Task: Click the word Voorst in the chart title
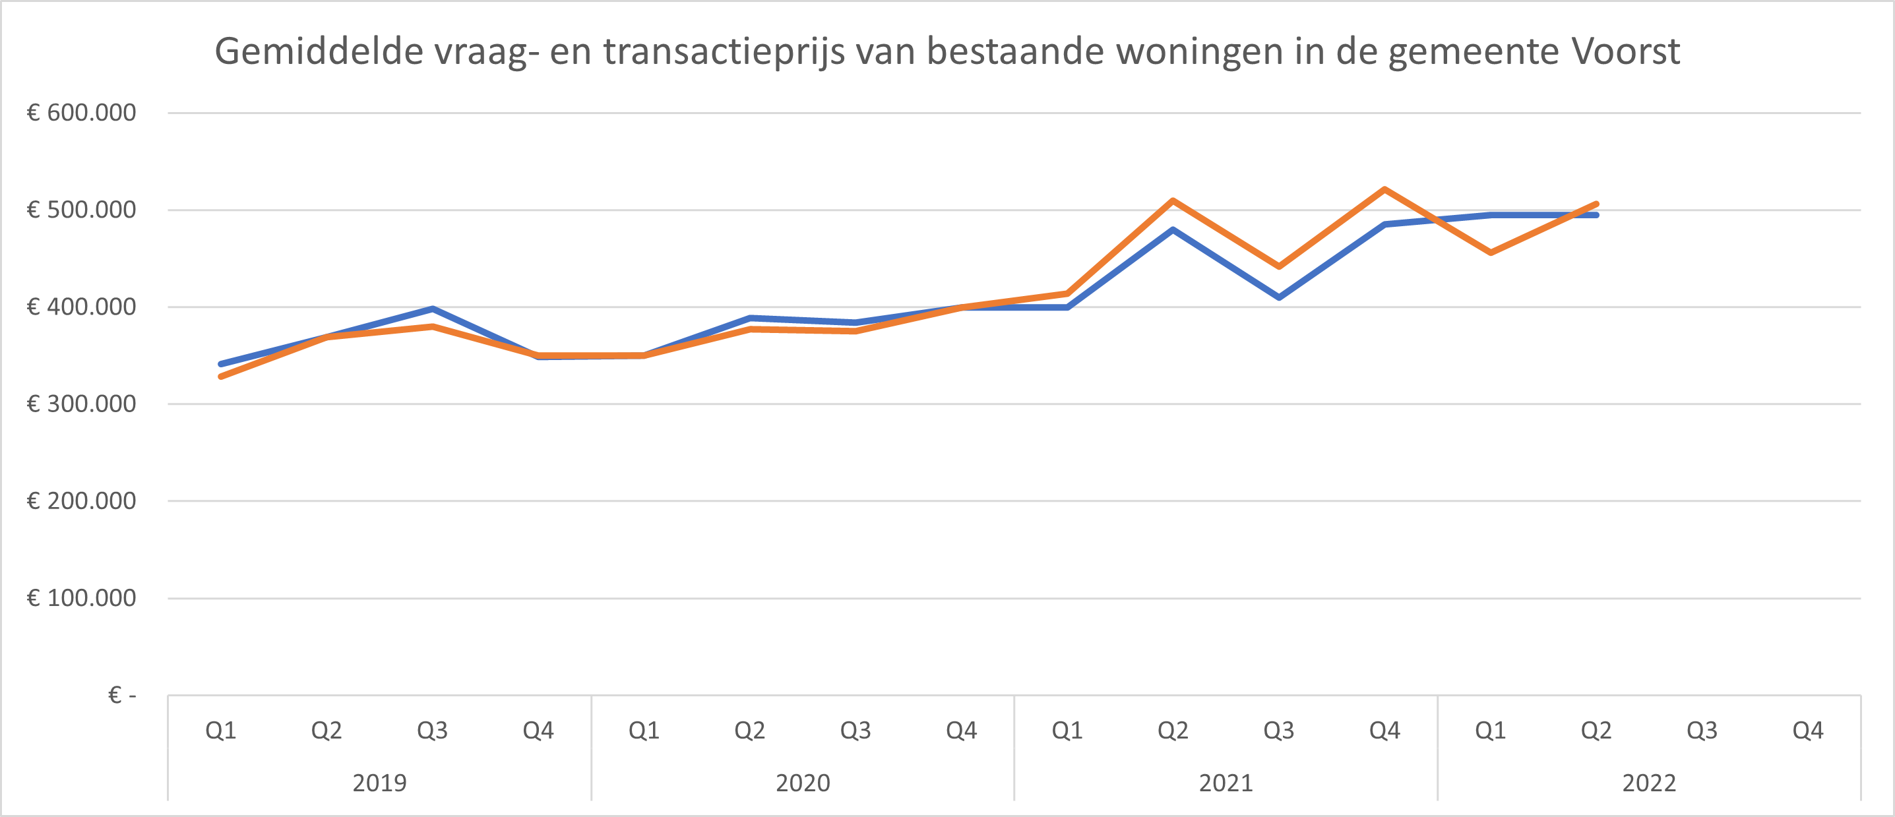[x=1626, y=51]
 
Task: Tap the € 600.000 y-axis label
[x=82, y=113]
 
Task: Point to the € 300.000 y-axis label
[x=82, y=404]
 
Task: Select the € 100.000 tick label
[x=82, y=598]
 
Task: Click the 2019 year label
[x=379, y=783]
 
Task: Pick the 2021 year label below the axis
[x=1226, y=783]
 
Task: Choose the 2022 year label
[x=1649, y=783]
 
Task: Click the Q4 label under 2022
[x=1807, y=730]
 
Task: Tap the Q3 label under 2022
[x=1702, y=730]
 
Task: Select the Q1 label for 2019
[x=221, y=730]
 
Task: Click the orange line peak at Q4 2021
[x=1384, y=190]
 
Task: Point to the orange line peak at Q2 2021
[x=1173, y=200]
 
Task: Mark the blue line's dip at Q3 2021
[x=1279, y=297]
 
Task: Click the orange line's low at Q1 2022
[x=1491, y=253]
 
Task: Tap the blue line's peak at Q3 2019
[x=433, y=309]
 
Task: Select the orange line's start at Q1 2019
[x=222, y=377]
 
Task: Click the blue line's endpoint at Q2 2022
[x=1596, y=215]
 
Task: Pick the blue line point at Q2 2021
[x=1173, y=229]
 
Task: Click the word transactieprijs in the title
[x=724, y=51]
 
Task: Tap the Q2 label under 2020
[x=749, y=730]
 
